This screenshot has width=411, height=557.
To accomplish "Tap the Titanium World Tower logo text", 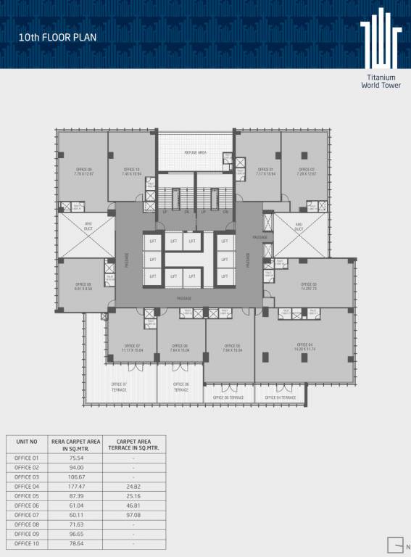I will click(x=381, y=81).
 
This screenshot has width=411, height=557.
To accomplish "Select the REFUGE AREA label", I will click(x=196, y=152).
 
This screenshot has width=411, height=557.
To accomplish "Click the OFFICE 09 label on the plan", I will click(x=83, y=171).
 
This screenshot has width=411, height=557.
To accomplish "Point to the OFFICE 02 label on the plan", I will click(x=307, y=171).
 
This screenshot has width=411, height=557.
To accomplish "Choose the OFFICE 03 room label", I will click(x=309, y=286).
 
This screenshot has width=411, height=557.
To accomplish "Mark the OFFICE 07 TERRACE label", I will click(x=119, y=387).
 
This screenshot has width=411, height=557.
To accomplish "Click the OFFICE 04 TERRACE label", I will click(x=281, y=397).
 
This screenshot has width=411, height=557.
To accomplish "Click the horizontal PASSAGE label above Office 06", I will click(x=185, y=298).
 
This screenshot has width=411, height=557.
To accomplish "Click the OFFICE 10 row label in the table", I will click(x=26, y=543).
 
